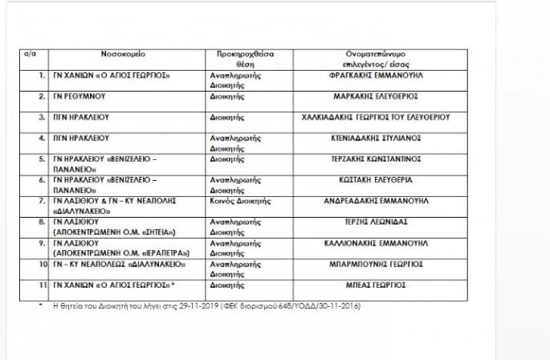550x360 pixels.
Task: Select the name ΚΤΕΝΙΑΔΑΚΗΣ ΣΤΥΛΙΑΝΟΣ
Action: tap(377, 137)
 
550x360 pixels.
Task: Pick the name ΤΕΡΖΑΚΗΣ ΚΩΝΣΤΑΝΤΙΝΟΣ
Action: tap(376, 158)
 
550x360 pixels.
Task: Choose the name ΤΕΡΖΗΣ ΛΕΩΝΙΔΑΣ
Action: tap(376, 221)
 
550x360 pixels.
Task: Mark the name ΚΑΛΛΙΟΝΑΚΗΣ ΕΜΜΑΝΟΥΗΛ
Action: tap(376, 242)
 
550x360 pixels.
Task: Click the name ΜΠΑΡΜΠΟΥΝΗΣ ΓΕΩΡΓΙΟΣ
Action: tap(376, 263)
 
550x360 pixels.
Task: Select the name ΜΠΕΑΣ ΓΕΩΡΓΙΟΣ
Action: tap(376, 284)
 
